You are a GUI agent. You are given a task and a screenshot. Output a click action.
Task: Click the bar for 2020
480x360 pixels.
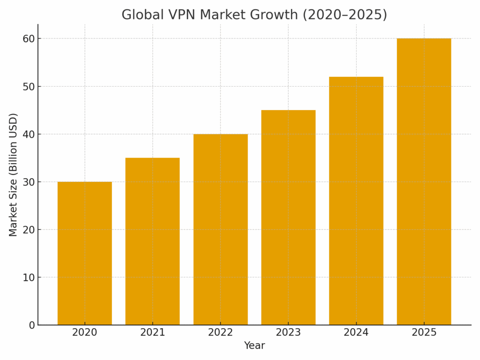pyautogui.click(x=84, y=253)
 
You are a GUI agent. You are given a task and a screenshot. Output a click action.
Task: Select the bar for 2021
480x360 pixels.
pyautogui.click(x=152, y=241)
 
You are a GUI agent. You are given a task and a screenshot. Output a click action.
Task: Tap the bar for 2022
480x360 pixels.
pyautogui.click(x=220, y=230)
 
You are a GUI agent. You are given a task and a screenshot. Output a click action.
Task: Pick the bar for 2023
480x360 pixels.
pyautogui.click(x=288, y=217)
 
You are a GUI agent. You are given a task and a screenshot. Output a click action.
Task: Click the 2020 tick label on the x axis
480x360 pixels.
pyautogui.click(x=84, y=333)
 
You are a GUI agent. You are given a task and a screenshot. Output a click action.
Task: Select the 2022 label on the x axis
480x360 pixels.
pyautogui.click(x=220, y=333)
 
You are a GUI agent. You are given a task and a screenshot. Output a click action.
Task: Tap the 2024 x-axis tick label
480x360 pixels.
pyautogui.click(x=356, y=333)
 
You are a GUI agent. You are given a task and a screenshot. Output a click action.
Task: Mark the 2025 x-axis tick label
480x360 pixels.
pyautogui.click(x=424, y=333)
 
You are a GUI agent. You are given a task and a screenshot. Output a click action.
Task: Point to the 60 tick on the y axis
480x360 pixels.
pyautogui.click(x=29, y=38)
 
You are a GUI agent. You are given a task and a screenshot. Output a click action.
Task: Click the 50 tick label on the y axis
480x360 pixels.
pyautogui.click(x=29, y=86)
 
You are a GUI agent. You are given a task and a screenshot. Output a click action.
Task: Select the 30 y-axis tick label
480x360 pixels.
pyautogui.click(x=29, y=182)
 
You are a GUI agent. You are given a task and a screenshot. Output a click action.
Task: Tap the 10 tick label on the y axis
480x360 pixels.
pyautogui.click(x=29, y=277)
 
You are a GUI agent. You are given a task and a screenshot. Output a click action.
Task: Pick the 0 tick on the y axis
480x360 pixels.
pyautogui.click(x=32, y=325)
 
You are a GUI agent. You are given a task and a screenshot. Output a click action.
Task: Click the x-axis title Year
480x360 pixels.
pyautogui.click(x=254, y=346)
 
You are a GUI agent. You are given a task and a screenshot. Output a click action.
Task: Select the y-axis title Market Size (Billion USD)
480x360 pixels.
pyautogui.click(x=13, y=174)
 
